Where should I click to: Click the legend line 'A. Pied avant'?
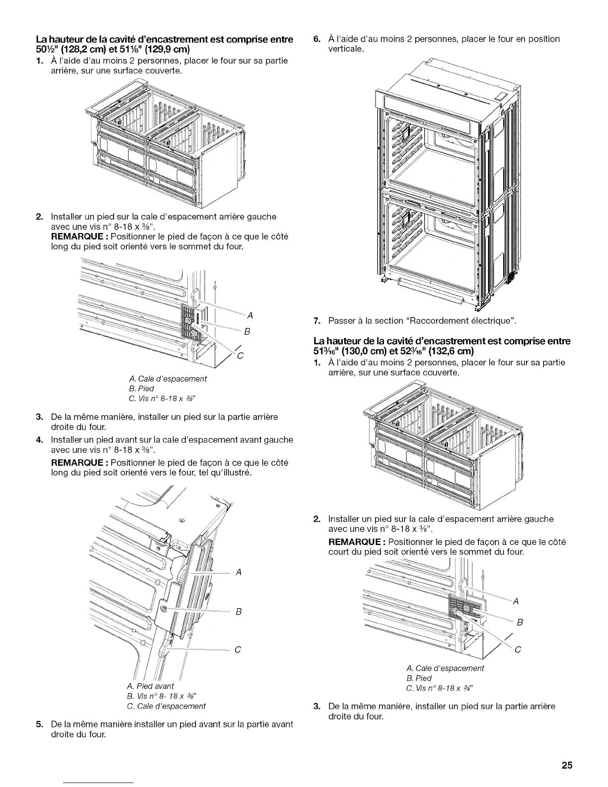pyautogui.click(x=154, y=686)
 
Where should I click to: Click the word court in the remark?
pyautogui.click(x=339, y=552)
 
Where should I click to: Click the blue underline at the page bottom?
pyautogui.click(x=99, y=783)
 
